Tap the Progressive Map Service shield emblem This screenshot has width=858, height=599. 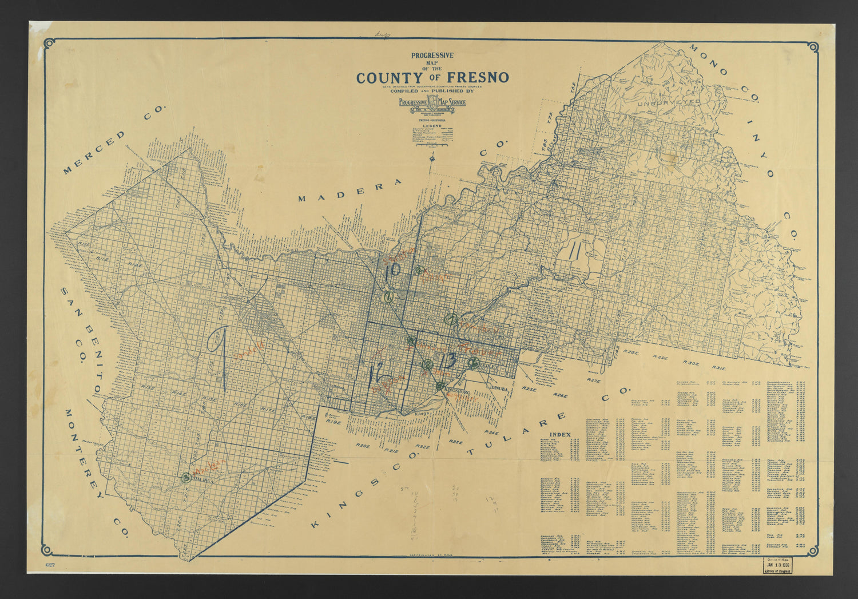point(432,103)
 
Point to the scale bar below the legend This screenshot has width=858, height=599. point(432,146)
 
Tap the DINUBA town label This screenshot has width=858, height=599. point(498,388)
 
